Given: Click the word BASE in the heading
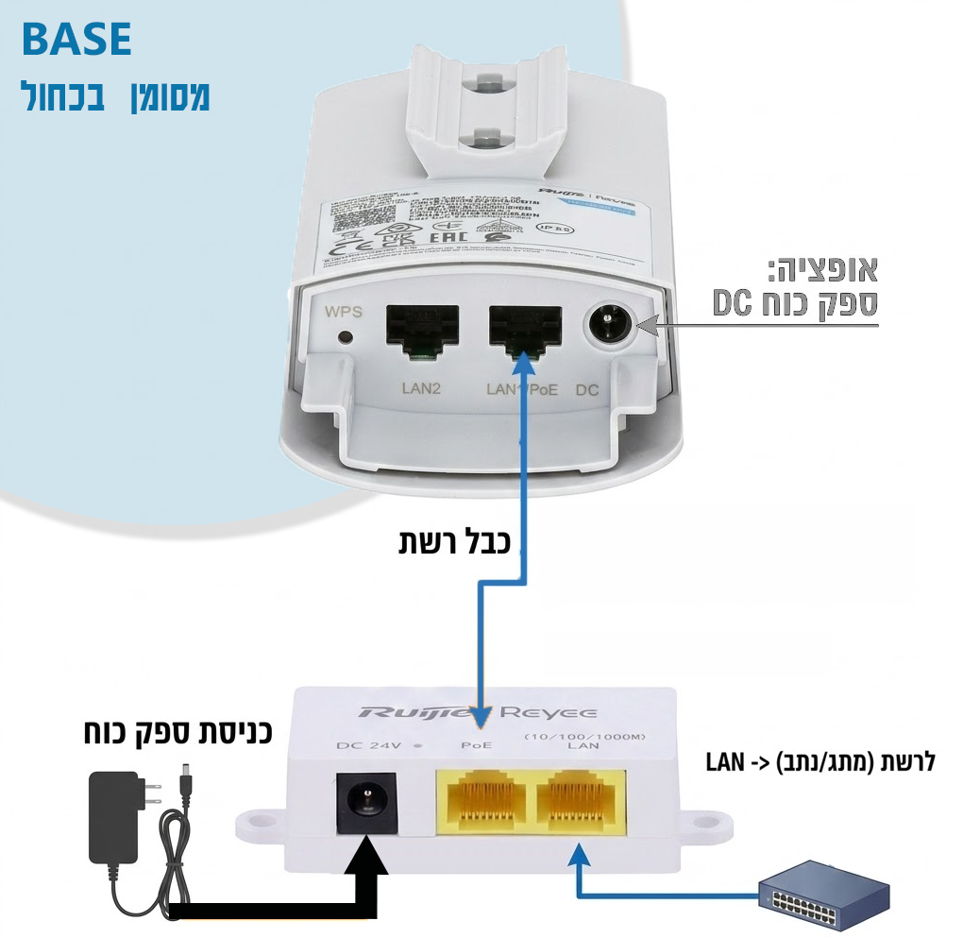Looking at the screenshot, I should tap(76, 40).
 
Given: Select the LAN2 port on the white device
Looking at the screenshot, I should tap(422, 330).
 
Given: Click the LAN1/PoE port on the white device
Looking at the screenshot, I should tap(525, 330).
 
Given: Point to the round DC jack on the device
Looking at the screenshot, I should tap(610, 326).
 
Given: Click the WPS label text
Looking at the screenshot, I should tap(343, 311).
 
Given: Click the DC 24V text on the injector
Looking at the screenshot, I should tap(369, 745).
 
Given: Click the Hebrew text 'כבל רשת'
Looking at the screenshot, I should tap(453, 542).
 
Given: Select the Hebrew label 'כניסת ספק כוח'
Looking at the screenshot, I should tap(173, 732).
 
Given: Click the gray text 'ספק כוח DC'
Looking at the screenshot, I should tap(795, 304).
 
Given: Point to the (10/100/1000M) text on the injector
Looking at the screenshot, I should tap(577, 733).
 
